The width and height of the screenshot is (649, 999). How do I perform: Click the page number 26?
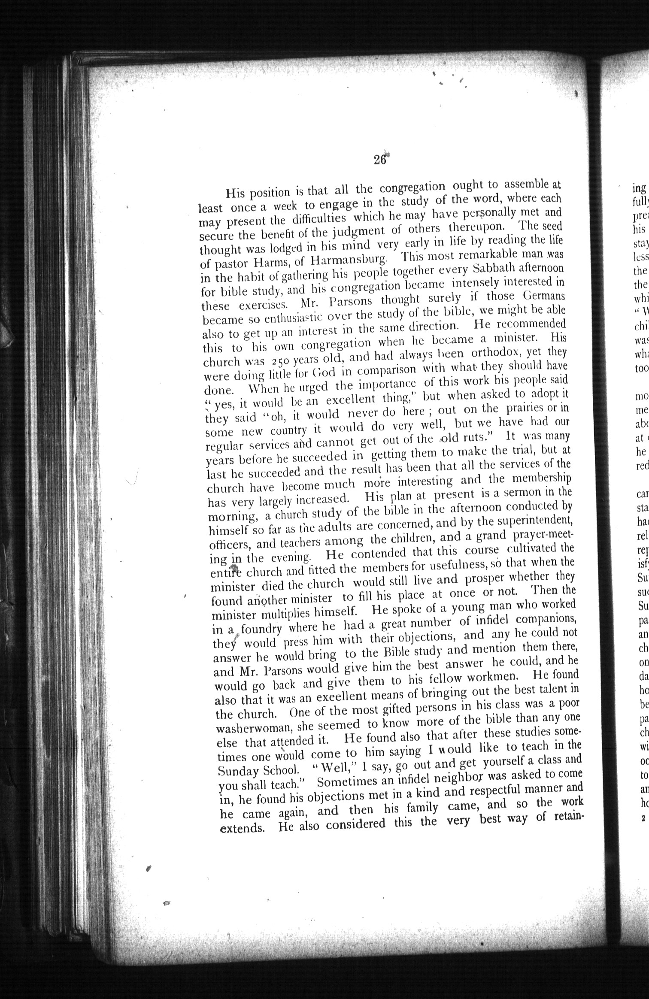click(x=380, y=159)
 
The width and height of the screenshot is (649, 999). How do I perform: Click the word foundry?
click(x=261, y=629)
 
